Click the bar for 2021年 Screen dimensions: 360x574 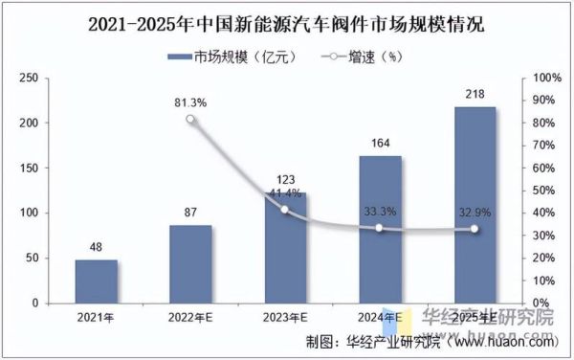tap(96, 281)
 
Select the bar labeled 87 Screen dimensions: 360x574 tap(190, 263)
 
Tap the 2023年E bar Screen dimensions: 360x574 tap(285, 247)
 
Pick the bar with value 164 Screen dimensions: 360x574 tap(380, 229)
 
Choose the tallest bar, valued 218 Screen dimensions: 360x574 tap(475, 205)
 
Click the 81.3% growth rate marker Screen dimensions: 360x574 tap(190, 120)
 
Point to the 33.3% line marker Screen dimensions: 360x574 tap(380, 228)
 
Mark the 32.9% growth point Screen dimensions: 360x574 tap(475, 229)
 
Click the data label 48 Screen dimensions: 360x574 tap(96, 248)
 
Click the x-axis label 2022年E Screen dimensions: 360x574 tap(190, 318)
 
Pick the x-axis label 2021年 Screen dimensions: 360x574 tap(96, 318)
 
